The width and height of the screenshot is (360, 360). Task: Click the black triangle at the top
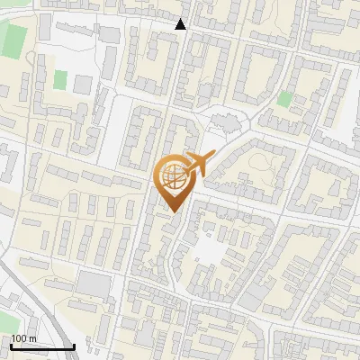[181, 23]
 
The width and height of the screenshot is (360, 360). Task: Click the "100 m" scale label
[23, 338]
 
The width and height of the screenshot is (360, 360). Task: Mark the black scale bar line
[42, 346]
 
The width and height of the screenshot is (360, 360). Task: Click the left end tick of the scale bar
[11, 345]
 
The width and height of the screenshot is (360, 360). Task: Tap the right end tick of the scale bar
[74, 345]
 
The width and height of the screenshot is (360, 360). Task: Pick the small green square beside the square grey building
[60, 80]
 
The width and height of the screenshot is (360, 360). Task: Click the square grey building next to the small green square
[83, 85]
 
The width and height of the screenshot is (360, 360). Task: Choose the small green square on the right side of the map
[285, 99]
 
